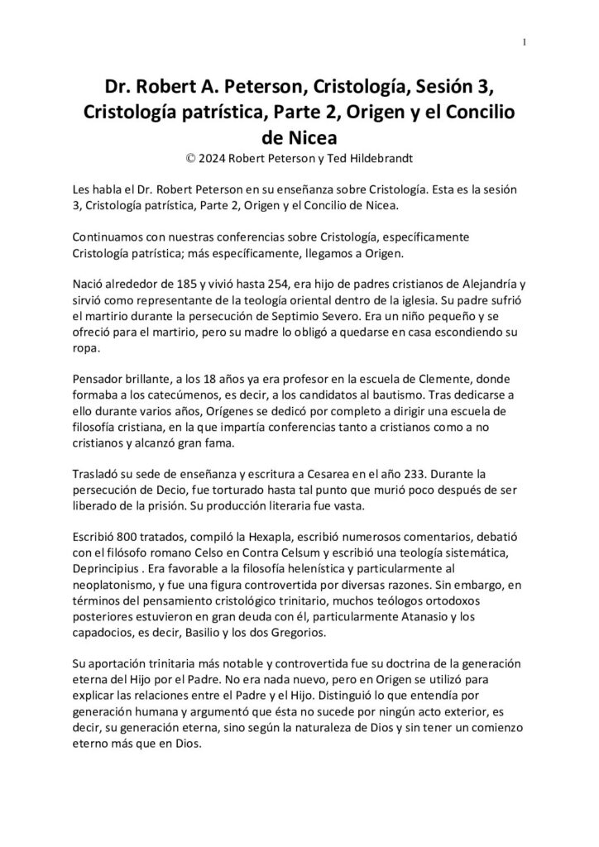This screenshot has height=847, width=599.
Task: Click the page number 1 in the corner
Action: pos(525,42)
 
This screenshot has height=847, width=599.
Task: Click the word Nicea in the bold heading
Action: pos(299,134)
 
